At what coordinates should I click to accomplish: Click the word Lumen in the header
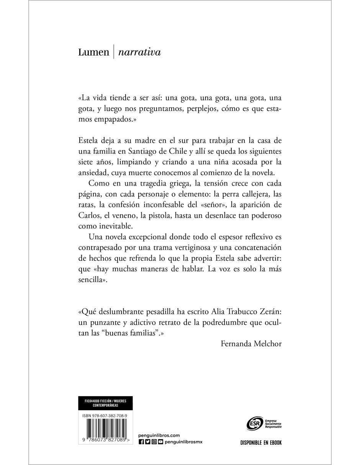[93, 52]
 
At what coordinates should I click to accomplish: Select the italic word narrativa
[139, 52]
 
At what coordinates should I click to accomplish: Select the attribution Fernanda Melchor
[251, 343]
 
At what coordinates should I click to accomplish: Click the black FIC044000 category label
[105, 403]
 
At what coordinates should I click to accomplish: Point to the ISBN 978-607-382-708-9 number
[105, 415]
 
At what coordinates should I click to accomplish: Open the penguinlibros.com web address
[159, 435]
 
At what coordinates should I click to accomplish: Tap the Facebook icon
[141, 442]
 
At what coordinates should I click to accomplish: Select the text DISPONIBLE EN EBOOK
[261, 443]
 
